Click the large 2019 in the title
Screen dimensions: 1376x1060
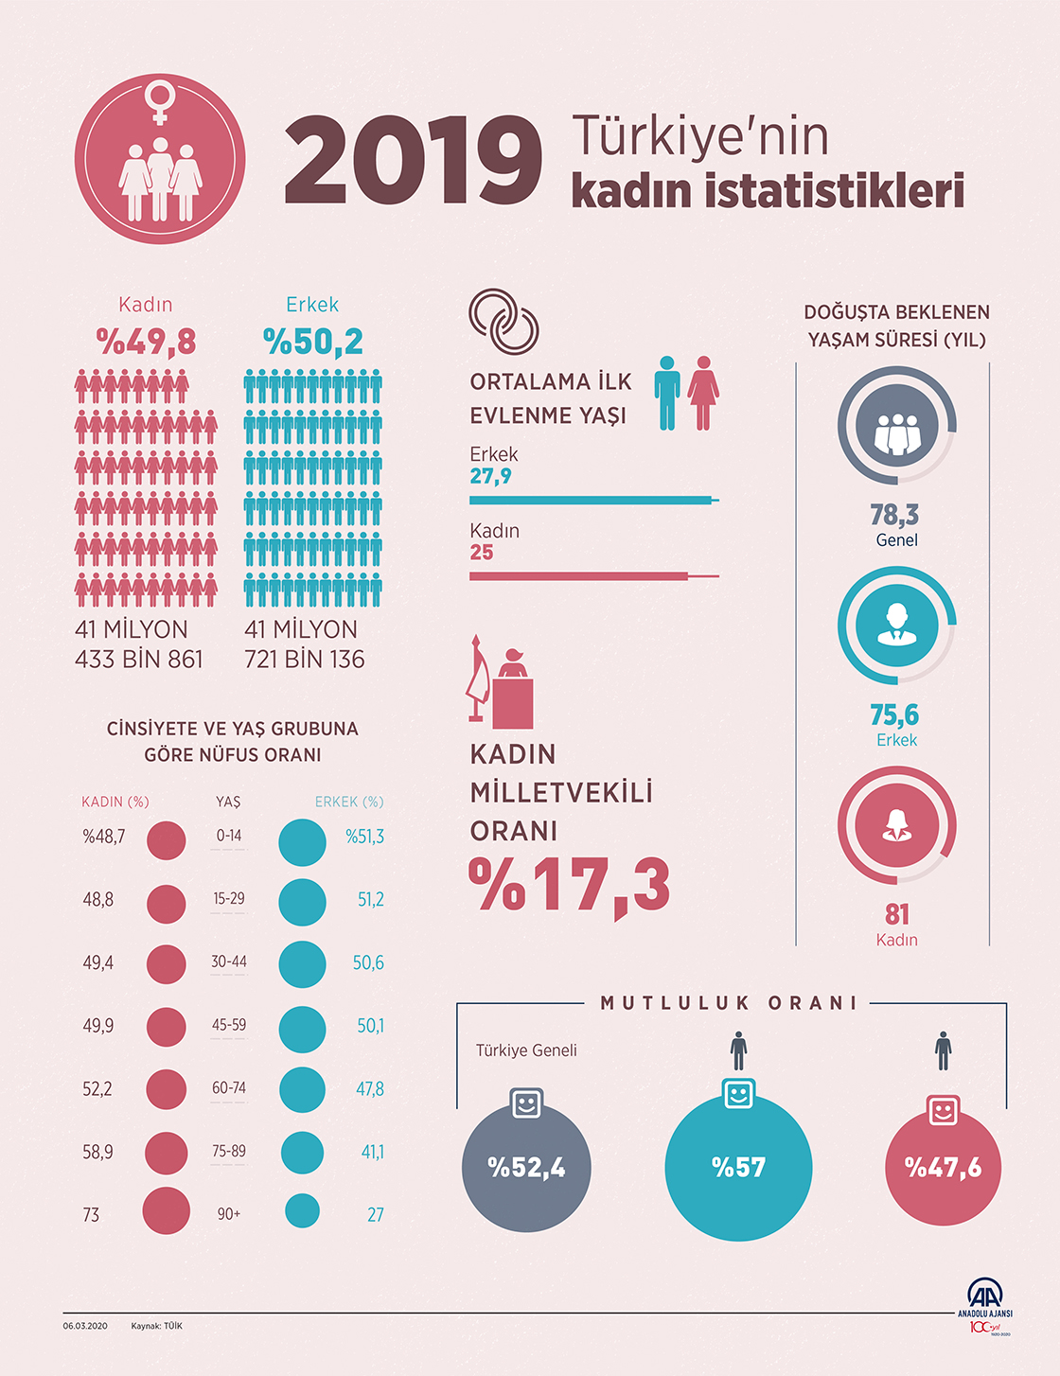[413, 160]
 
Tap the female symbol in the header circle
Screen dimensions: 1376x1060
[160, 102]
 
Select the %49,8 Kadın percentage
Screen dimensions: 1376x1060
[146, 342]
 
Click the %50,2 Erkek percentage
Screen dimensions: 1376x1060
[312, 342]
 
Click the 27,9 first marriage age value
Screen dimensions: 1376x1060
[490, 476]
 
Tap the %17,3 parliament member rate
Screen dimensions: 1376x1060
[570, 886]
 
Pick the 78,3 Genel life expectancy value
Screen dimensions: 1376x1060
[894, 515]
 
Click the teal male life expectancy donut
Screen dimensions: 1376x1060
[896, 626]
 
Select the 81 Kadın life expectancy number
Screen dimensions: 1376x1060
[896, 914]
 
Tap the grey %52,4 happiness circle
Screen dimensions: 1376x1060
[526, 1168]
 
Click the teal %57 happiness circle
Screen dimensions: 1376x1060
[738, 1168]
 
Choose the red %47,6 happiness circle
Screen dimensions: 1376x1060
[943, 1168]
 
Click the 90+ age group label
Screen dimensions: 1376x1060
[229, 1214]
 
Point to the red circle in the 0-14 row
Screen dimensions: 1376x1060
[167, 840]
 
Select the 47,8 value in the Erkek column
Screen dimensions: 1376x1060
[369, 1089]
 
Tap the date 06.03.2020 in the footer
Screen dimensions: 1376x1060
[85, 1326]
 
